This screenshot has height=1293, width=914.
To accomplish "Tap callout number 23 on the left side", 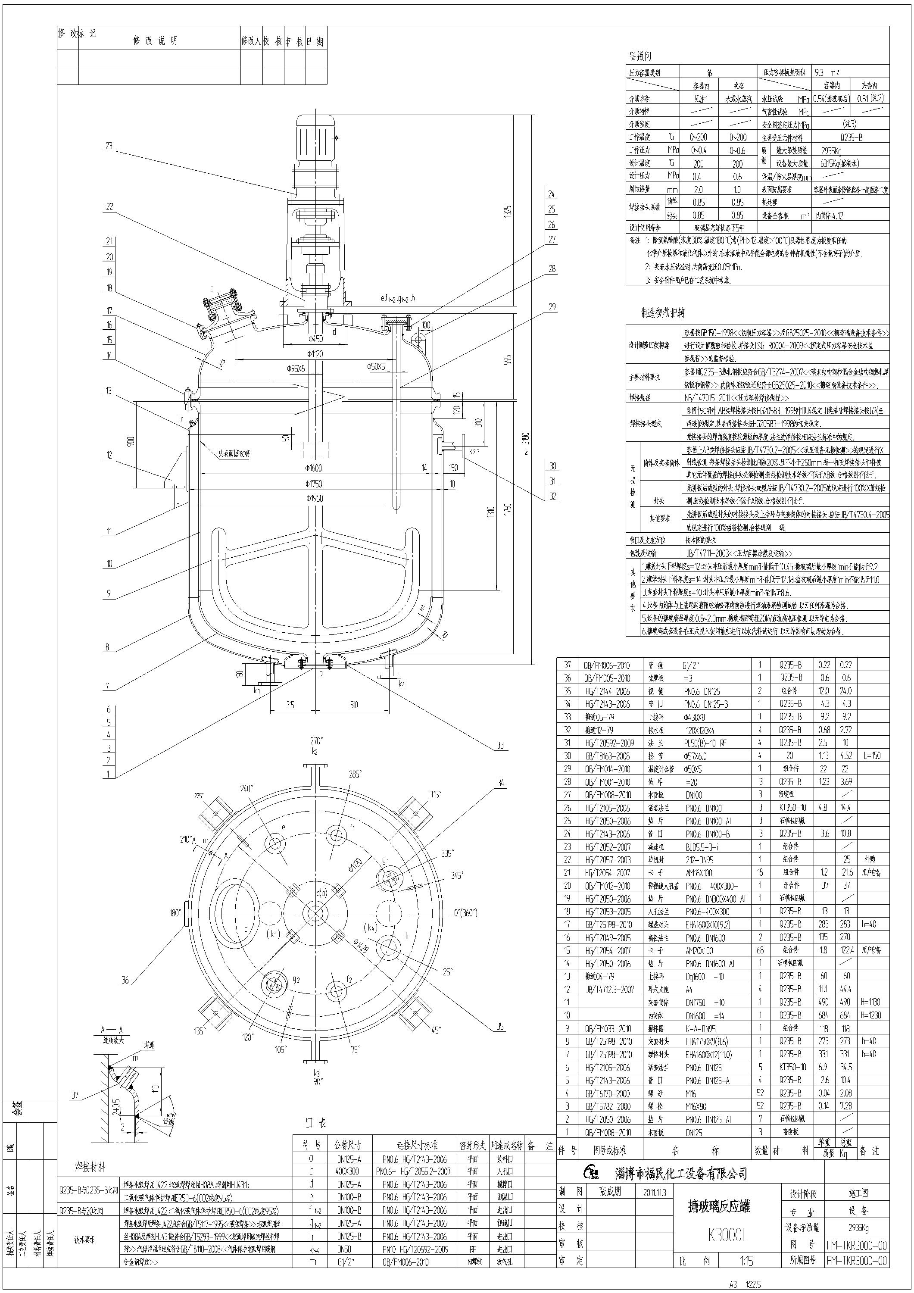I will (x=109, y=146).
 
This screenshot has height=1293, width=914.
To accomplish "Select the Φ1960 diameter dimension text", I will (x=315, y=498).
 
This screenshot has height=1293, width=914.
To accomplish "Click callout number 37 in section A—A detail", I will (x=75, y=1095).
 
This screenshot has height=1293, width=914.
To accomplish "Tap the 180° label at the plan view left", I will (x=174, y=912).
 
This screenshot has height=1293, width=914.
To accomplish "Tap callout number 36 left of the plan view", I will (x=125, y=980).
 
